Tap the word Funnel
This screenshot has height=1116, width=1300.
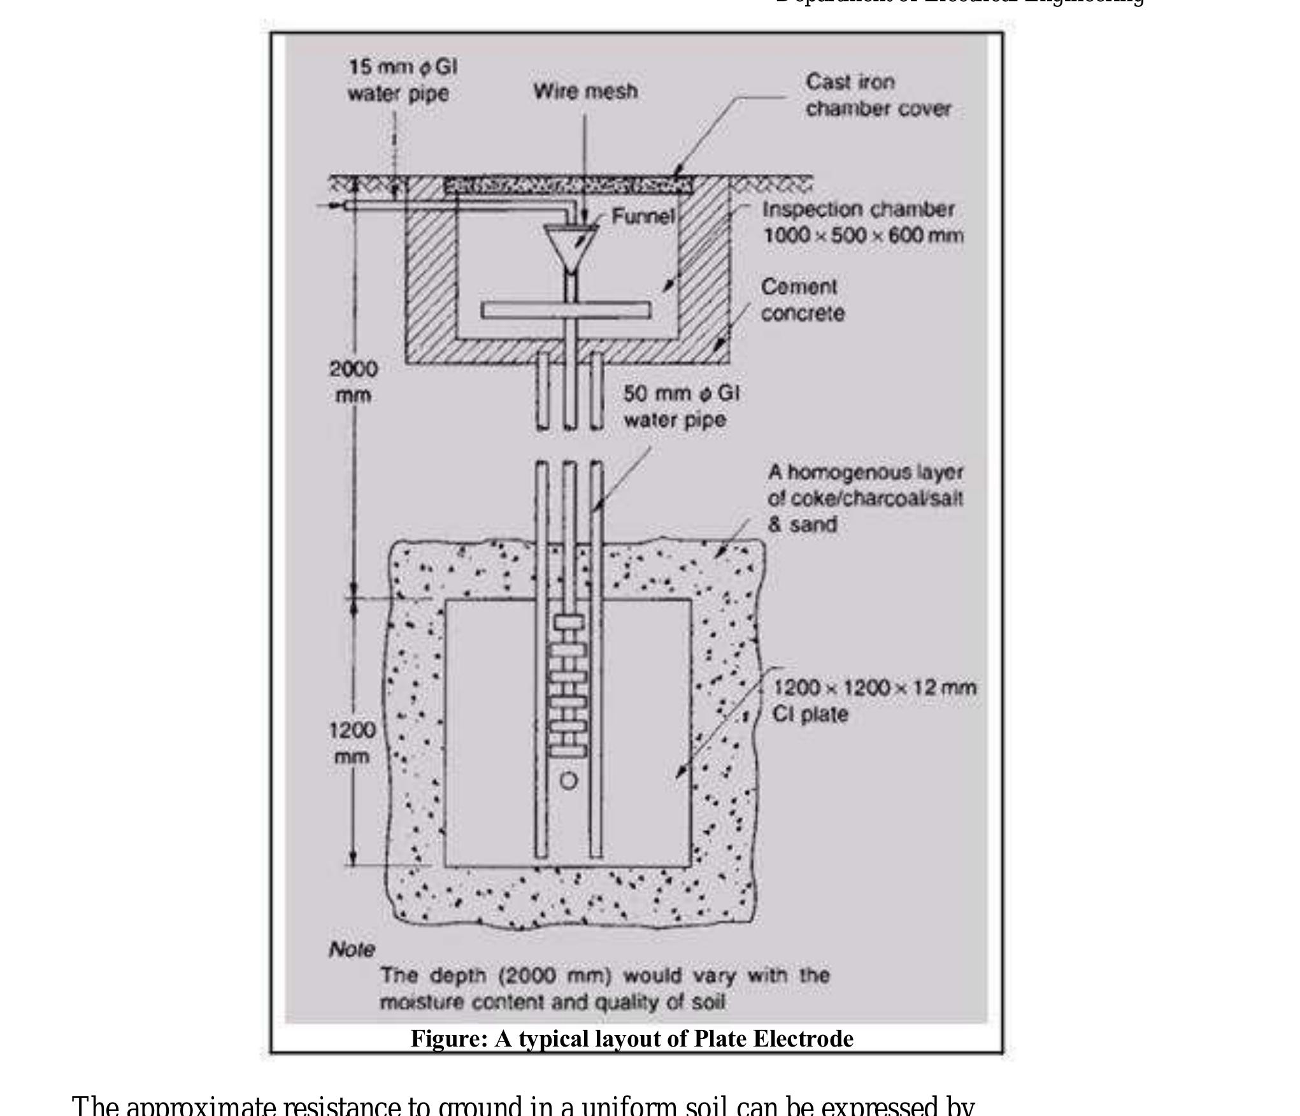[642, 217]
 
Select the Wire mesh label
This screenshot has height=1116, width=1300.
[585, 91]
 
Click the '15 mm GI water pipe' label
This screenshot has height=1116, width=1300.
[401, 80]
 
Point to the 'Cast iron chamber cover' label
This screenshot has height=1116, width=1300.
[878, 96]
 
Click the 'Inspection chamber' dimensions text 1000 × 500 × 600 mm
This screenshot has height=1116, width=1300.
[863, 236]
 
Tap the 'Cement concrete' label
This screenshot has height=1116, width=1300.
[802, 300]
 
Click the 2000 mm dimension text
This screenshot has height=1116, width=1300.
[353, 382]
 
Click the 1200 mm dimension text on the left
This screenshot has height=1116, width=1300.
[352, 743]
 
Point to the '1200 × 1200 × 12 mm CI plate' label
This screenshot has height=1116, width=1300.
[873, 701]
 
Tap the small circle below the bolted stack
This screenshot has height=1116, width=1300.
[569, 781]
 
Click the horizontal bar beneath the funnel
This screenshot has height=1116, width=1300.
[566, 310]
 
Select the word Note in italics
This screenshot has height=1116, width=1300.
[352, 950]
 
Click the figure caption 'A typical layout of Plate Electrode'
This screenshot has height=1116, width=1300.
[631, 1039]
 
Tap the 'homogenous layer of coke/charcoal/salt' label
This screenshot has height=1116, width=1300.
[865, 498]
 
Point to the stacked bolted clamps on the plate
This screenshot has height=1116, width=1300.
[568, 687]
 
